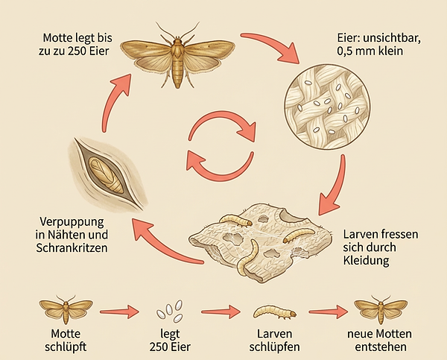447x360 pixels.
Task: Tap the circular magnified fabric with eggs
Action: click(327, 107)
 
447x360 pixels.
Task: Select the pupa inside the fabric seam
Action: click(106, 175)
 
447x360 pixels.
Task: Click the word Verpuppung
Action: click(72, 222)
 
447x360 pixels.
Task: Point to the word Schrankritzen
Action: click(72, 247)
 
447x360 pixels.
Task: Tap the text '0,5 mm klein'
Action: click(370, 51)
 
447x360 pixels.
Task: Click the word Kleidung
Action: click(366, 260)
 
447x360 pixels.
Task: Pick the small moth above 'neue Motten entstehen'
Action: click(381, 309)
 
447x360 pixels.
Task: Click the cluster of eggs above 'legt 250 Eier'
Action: click(170, 310)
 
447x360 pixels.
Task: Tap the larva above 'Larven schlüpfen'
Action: click(275, 312)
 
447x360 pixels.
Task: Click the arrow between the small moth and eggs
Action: click(120, 312)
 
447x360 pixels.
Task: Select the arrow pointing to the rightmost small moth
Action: click(329, 312)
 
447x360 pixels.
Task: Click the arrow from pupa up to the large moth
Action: click(112, 100)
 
